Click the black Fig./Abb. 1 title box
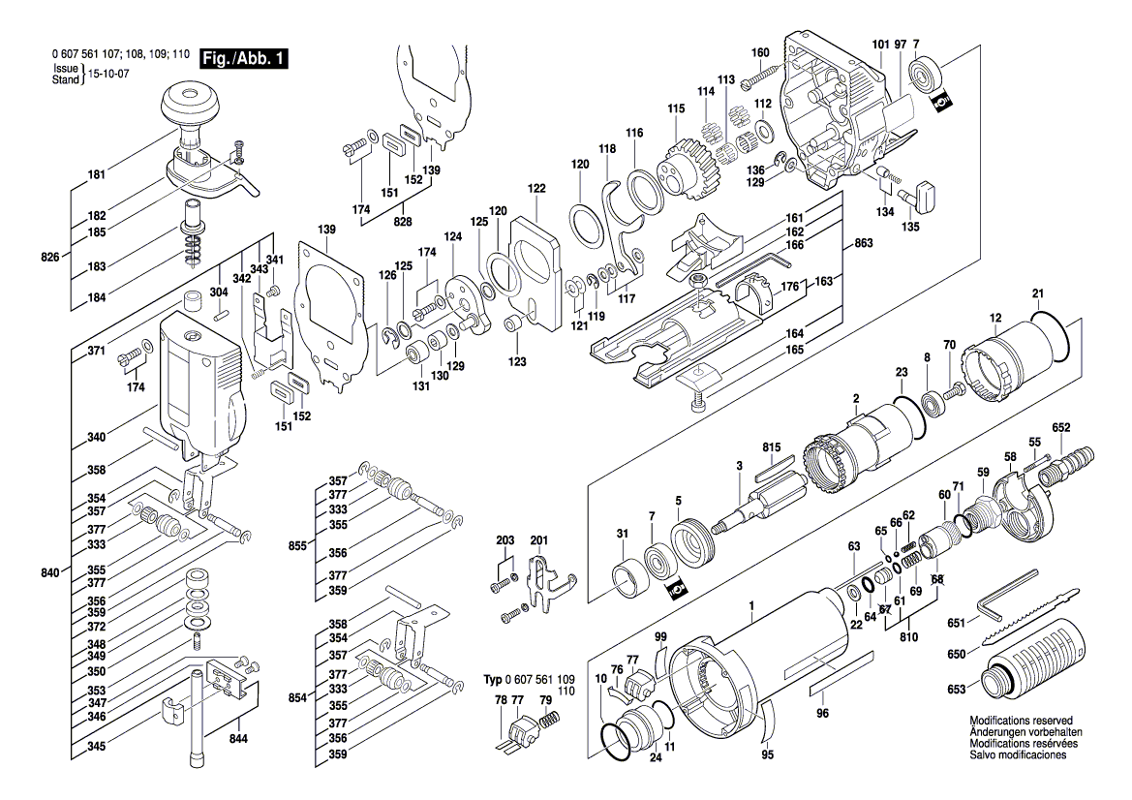(243, 58)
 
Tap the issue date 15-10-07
(108, 74)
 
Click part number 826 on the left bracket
(49, 257)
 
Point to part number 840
(49, 572)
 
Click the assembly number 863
(864, 243)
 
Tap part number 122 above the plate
(536, 189)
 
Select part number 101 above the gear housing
(881, 45)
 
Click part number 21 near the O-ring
(1038, 293)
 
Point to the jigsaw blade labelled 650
(1029, 618)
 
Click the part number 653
(956, 690)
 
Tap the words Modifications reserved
(1021, 721)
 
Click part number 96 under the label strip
(822, 714)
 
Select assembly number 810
(908, 637)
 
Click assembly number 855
(297, 546)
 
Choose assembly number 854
(297, 697)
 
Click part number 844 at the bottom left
(238, 739)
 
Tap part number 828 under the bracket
(403, 222)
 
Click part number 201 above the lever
(539, 540)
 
